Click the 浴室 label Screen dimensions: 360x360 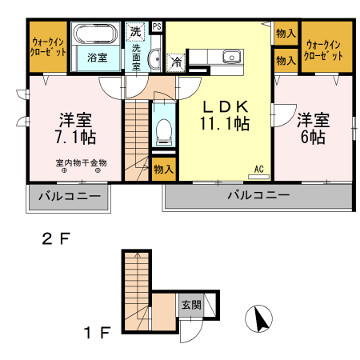[x=98, y=58]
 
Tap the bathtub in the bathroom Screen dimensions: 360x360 [x=97, y=35]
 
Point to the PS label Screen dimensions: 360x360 [x=157, y=26]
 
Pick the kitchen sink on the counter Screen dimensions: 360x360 [x=232, y=56]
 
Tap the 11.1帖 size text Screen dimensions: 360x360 [x=225, y=124]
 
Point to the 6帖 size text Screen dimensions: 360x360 [x=313, y=137]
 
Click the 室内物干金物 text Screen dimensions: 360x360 [x=81, y=163]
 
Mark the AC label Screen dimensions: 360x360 [x=259, y=168]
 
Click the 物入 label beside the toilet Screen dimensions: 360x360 [x=163, y=169]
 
